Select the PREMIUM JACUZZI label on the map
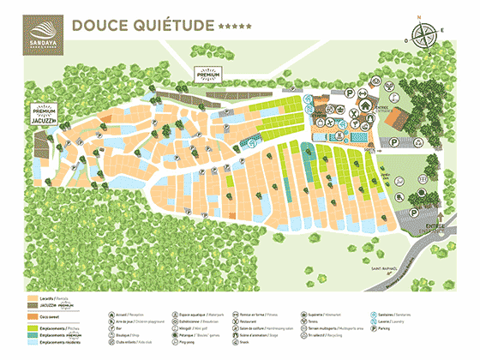click(44, 116)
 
